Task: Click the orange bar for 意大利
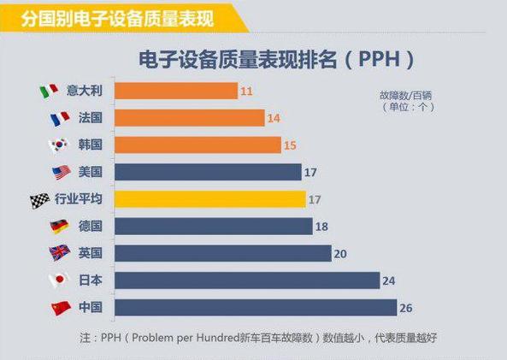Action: click(x=175, y=90)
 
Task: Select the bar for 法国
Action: click(x=189, y=117)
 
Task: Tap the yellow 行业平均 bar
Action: click(x=209, y=199)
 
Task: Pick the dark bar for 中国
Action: click(x=256, y=308)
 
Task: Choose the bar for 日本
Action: click(x=247, y=280)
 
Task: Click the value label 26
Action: click(x=407, y=308)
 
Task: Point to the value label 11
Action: click(x=246, y=90)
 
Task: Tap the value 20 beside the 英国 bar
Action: click(x=341, y=253)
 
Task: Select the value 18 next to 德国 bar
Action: click(x=322, y=227)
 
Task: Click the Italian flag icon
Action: click(x=50, y=90)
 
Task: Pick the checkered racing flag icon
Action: click(x=39, y=199)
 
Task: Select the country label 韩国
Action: click(x=90, y=145)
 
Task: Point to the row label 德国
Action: click(x=90, y=227)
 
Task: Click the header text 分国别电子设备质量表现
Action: click(x=107, y=15)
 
